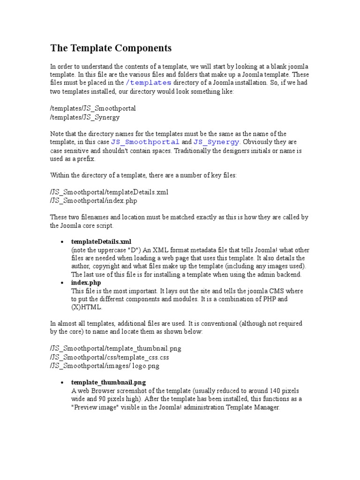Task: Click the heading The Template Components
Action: point(111,48)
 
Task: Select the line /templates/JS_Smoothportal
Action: point(93,108)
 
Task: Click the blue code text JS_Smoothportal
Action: point(145,142)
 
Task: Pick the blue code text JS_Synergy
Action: point(217,142)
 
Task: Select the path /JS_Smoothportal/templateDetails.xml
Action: point(109,192)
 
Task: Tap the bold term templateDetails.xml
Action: point(101,242)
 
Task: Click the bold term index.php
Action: point(86,283)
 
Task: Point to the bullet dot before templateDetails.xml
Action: point(62,242)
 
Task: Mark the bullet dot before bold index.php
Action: point(62,283)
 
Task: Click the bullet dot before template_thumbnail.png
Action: point(62,382)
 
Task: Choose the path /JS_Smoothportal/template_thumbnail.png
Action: point(115,349)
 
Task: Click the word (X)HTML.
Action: point(86,307)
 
